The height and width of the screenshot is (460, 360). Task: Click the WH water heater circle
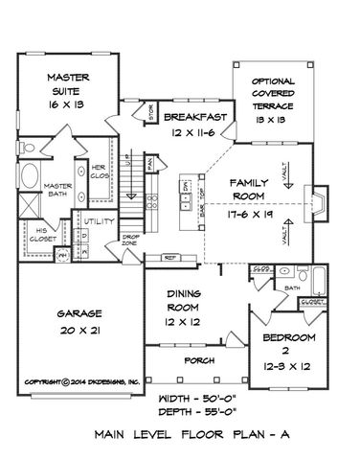(63, 255)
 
